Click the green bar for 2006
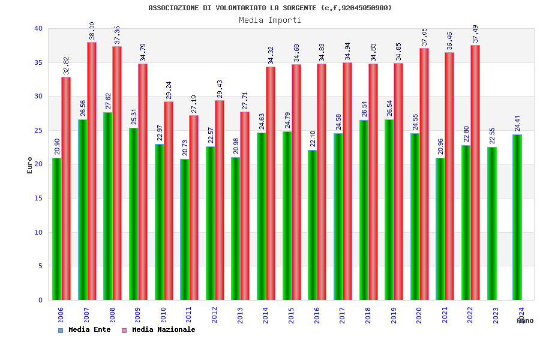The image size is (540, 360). pos(56,229)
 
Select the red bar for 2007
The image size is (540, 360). pos(92,171)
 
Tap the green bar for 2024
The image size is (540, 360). pos(517,217)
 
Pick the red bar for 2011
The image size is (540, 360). pos(194,208)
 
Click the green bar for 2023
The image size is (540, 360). pos(491,223)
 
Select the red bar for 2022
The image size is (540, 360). pos(475,172)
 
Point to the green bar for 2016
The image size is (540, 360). pos(312,225)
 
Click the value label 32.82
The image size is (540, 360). pos(66,65)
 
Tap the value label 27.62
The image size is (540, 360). pos(108,101)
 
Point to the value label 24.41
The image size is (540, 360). pos(517,123)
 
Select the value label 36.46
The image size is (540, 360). pos(449,41)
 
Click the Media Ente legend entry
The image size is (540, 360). pos(85,329)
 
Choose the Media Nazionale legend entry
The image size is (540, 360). pos(159,329)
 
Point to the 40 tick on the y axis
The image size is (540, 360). pos(38,28)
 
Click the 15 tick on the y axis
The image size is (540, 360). pos(38,198)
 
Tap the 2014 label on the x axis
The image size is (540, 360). pos(266,316)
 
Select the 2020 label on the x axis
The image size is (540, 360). pos(419,316)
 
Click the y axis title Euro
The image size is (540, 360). pos(30,165)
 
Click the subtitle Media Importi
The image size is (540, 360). pos(270,20)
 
